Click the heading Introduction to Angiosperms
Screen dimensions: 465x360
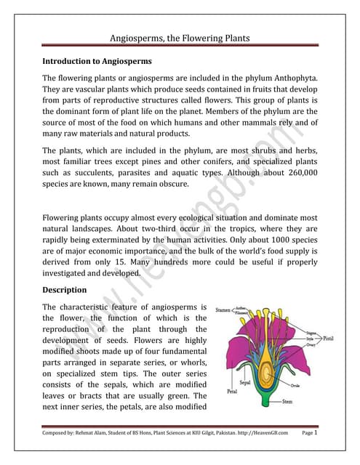103,62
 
